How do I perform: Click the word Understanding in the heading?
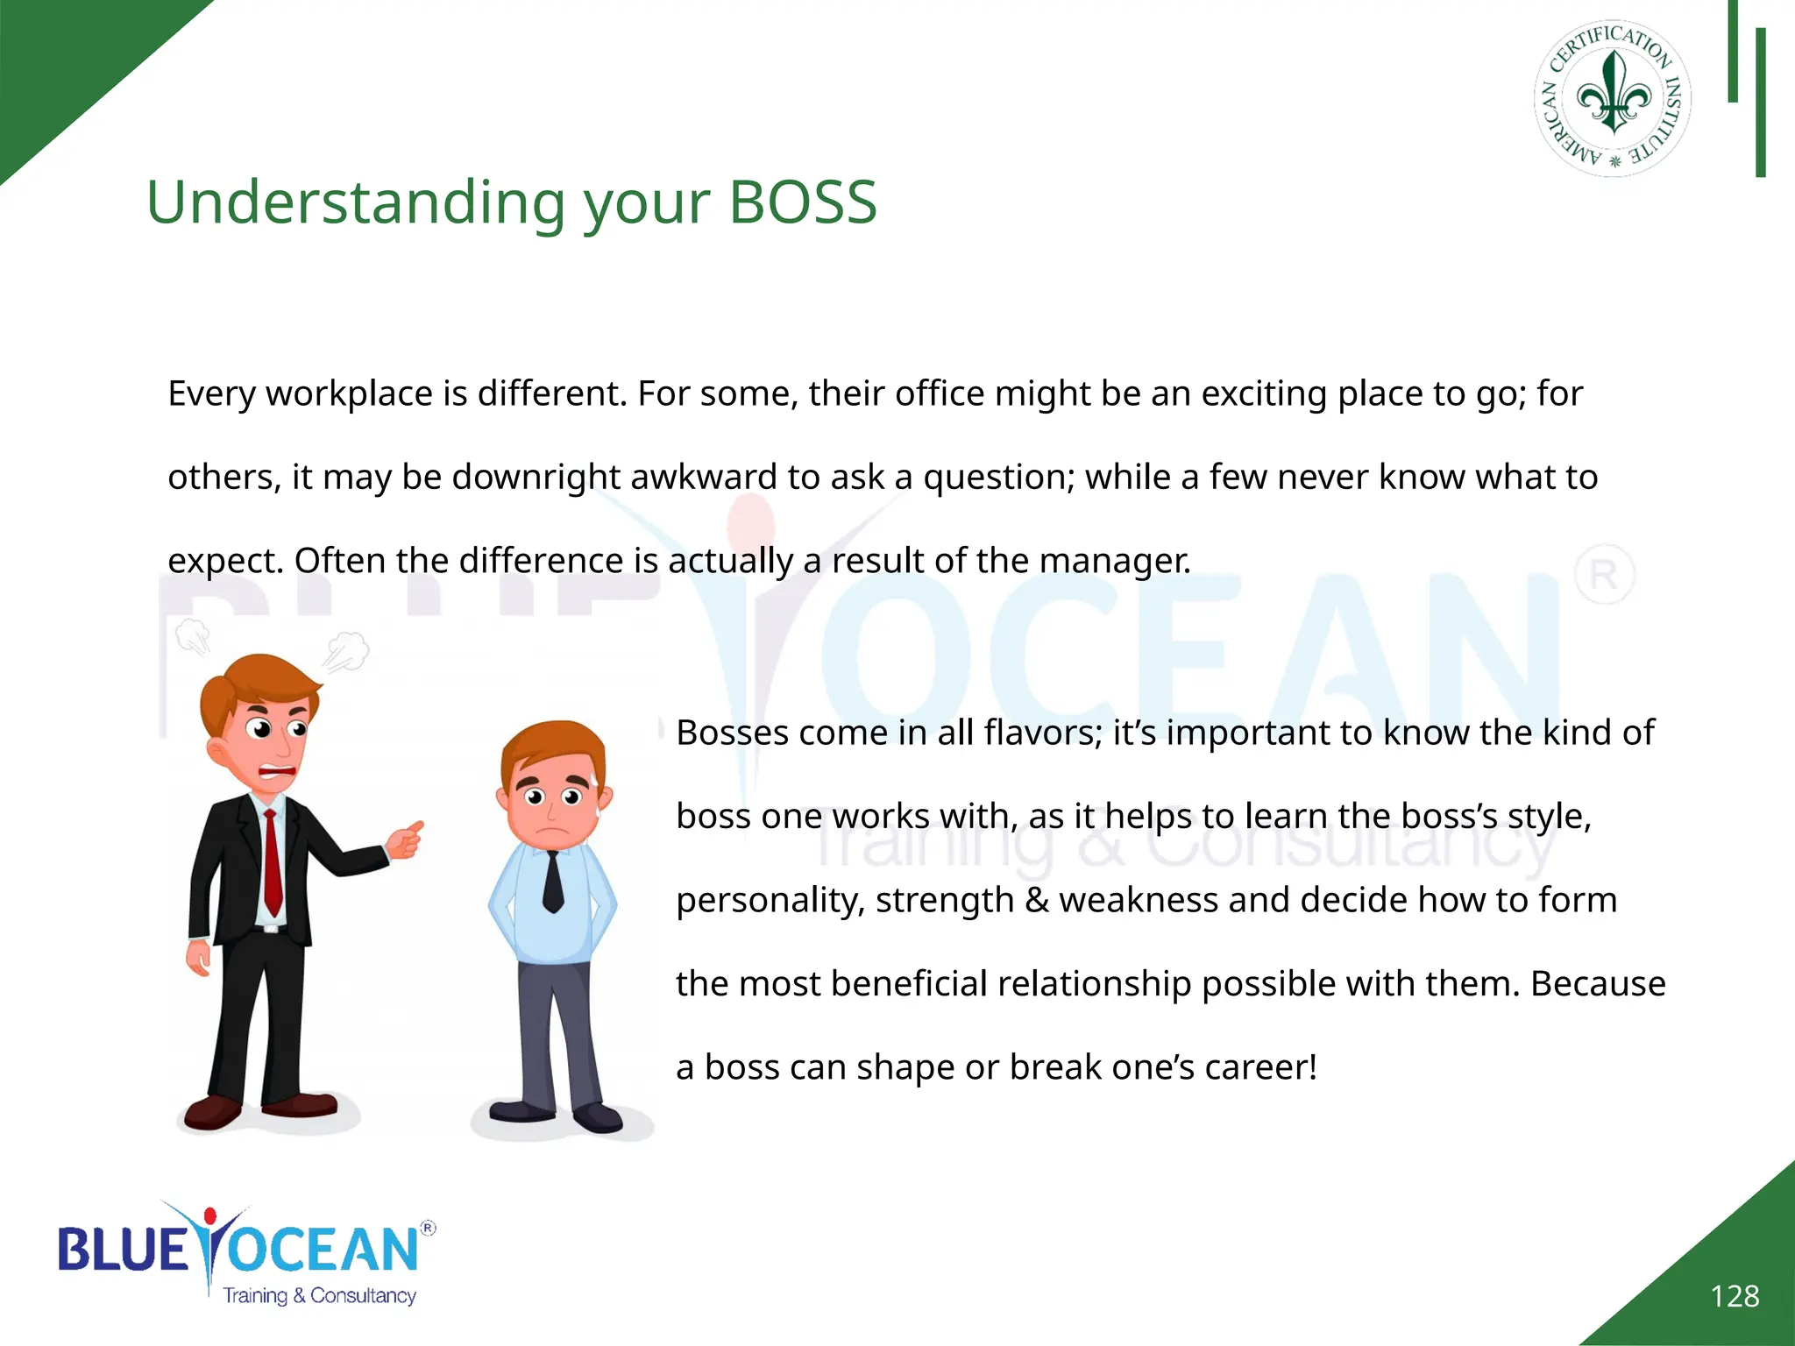pos(356,202)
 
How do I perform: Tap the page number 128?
pos(1735,1296)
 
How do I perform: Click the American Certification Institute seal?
pos(1613,99)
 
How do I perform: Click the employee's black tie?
pos(553,881)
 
